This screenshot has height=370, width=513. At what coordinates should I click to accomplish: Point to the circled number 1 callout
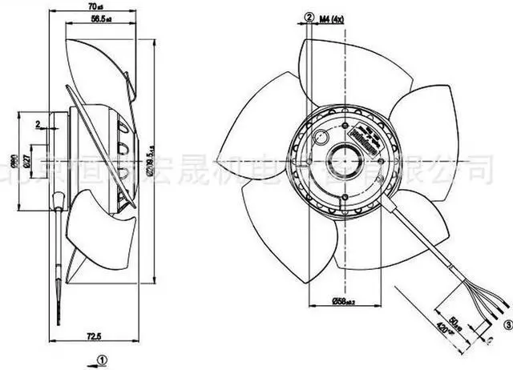point(101,360)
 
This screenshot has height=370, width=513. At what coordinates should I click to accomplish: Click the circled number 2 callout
point(307,16)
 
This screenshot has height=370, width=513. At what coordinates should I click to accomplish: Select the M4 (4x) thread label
point(332,16)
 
